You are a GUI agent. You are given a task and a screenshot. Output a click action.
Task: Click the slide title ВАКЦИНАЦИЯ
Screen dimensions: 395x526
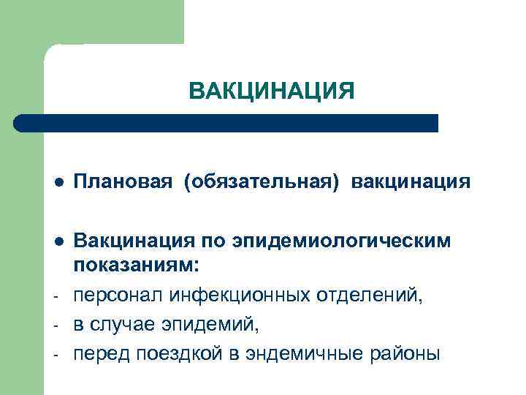(x=271, y=91)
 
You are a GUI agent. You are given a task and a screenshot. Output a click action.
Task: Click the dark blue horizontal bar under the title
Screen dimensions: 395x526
(x=226, y=123)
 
